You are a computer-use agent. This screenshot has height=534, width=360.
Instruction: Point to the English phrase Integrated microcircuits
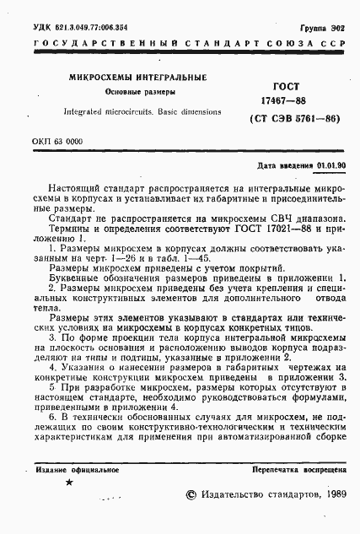[99, 111]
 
